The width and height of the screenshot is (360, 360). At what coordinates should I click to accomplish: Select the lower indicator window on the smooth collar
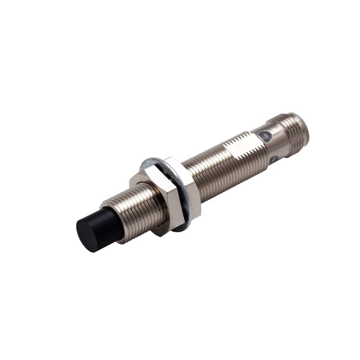click(x=273, y=159)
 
